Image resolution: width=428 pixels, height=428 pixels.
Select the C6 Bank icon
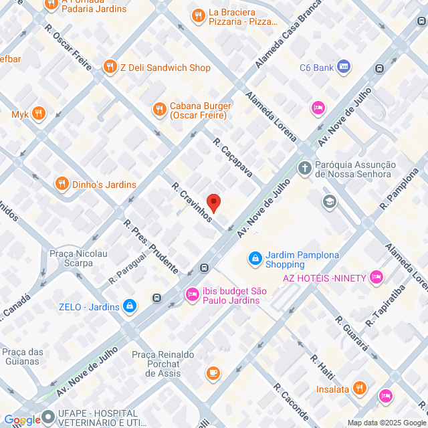344,67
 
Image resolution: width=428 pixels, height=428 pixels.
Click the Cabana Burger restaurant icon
159,109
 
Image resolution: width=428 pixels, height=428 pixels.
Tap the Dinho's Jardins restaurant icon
62,183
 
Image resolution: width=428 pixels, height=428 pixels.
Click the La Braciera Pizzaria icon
197,15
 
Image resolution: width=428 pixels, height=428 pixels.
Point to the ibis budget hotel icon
193,294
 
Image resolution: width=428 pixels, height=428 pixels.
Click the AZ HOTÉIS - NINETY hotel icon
377,276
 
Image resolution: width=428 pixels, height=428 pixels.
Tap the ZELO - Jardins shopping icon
130,307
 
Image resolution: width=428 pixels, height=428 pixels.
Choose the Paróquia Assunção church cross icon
305,167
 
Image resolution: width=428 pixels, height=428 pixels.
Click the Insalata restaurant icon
359,388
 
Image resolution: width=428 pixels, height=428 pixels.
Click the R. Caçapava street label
232,158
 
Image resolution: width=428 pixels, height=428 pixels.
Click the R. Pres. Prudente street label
150,247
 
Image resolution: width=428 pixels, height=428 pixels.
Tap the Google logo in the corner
21,419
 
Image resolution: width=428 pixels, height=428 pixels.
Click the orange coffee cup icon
213,372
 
